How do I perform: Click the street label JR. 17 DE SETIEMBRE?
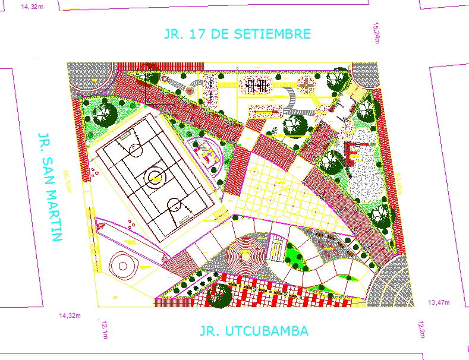coord(237,34)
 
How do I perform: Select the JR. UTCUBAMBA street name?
coord(254,331)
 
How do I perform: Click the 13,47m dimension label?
coord(439,302)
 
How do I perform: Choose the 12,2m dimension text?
coord(421,329)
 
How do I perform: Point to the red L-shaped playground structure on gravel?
coord(352,153)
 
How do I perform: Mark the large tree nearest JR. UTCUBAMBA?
coord(220,295)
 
